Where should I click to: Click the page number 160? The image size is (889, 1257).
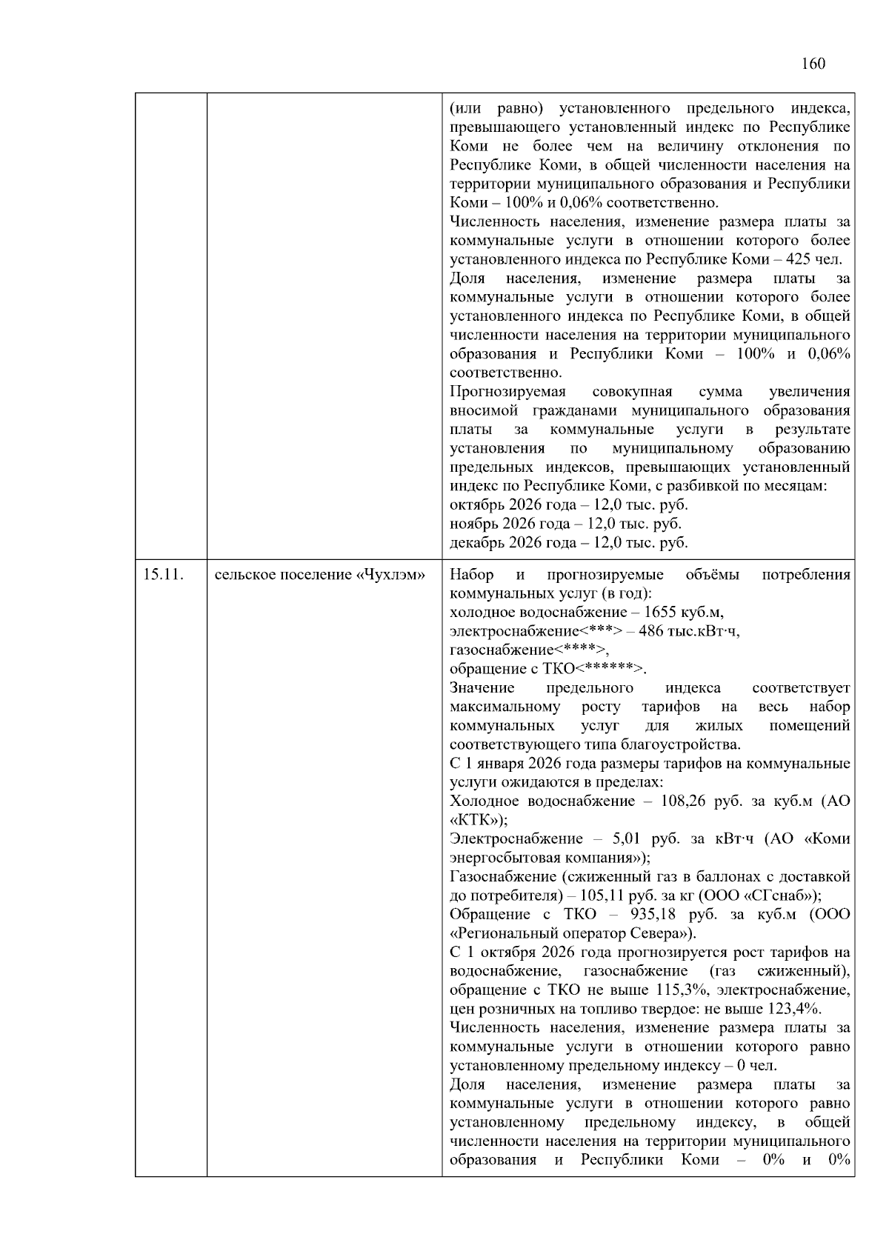tap(813, 64)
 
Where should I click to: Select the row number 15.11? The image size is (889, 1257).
tap(162, 575)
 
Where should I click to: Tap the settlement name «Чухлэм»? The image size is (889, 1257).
tap(391, 575)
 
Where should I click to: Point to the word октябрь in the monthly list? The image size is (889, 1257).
tap(475, 505)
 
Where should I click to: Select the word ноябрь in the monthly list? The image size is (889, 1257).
tap(473, 524)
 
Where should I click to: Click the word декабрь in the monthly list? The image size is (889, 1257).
tap(475, 543)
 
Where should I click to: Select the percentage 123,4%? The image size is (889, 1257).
tap(792, 1009)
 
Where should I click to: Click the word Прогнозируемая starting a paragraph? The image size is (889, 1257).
tap(507, 392)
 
